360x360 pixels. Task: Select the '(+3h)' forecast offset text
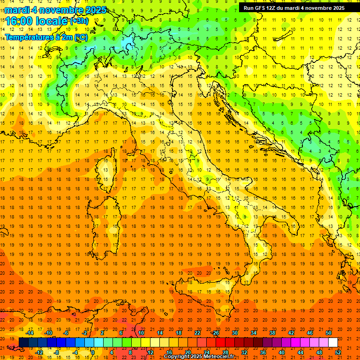coord(78,21)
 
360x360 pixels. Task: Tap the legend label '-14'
coord(30,332)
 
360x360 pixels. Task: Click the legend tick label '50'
coord(328,332)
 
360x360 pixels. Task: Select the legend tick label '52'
coord(338,352)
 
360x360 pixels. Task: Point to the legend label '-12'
coord(39,352)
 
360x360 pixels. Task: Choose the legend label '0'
coord(92,352)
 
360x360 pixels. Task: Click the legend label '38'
coord(272,332)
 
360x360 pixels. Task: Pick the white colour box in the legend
coord(333,342)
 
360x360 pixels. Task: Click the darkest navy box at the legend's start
coord(23,342)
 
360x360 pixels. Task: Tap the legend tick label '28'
coord(225,352)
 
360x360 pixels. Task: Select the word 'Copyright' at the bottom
coord(177,357)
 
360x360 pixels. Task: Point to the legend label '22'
coord(197,332)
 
